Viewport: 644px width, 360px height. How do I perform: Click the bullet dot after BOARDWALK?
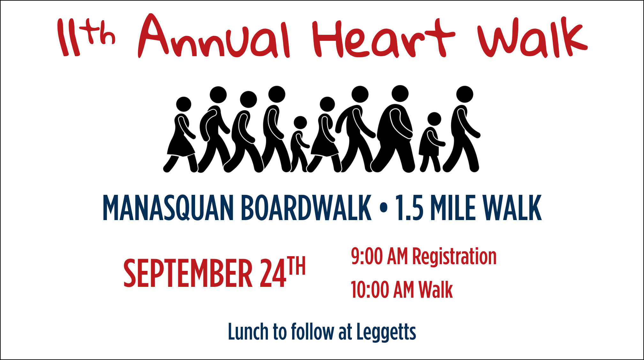[383, 208]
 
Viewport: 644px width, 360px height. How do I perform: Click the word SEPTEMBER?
[188, 273]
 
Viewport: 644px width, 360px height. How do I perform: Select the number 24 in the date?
[273, 273]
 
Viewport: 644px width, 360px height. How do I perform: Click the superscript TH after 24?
[296, 266]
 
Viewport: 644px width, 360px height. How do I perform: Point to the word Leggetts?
[386, 332]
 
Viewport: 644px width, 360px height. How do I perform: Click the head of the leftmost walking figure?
[184, 104]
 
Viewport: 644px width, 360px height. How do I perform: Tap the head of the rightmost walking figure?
[465, 94]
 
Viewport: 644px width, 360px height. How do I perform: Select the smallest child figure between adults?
[299, 144]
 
